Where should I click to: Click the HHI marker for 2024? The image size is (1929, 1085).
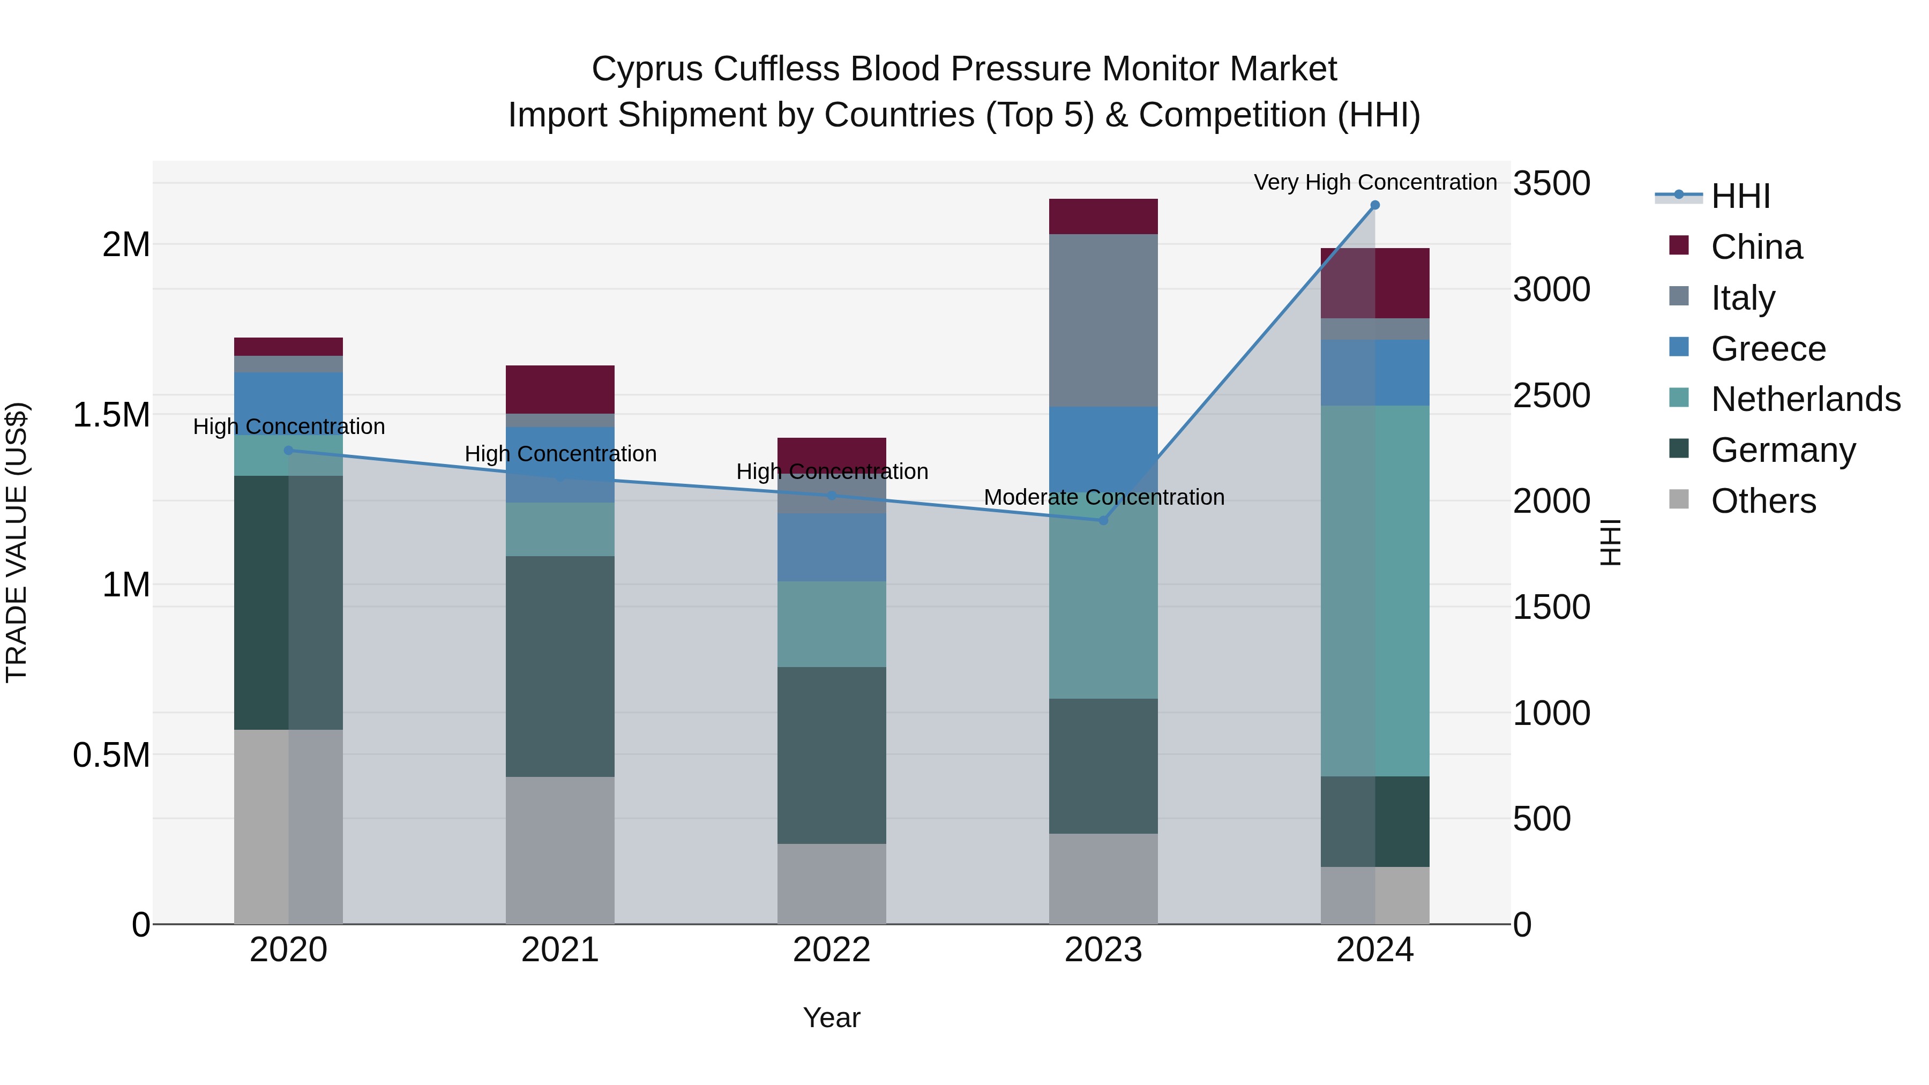1375,205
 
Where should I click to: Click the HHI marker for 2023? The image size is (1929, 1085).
1103,520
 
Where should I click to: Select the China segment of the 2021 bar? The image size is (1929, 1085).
560,390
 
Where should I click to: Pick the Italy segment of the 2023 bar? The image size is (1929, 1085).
1103,320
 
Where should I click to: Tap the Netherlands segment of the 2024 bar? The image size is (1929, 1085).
1375,591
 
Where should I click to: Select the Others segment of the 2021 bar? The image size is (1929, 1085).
560,850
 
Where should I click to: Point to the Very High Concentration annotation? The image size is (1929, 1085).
1375,182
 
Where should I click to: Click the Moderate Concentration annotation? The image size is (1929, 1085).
1104,497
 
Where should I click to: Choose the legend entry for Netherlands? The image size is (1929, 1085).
1805,399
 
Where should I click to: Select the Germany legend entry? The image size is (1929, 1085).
1782,450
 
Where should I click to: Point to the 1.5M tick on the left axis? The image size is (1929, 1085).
111,415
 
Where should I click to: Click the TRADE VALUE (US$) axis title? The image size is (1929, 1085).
17,542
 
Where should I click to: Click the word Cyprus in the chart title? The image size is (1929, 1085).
648,69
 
